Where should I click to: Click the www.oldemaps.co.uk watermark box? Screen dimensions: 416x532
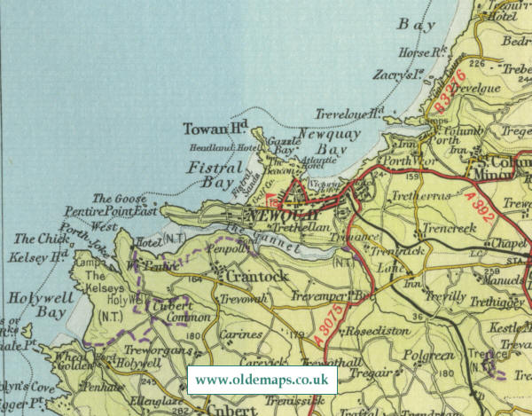pos(264,380)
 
